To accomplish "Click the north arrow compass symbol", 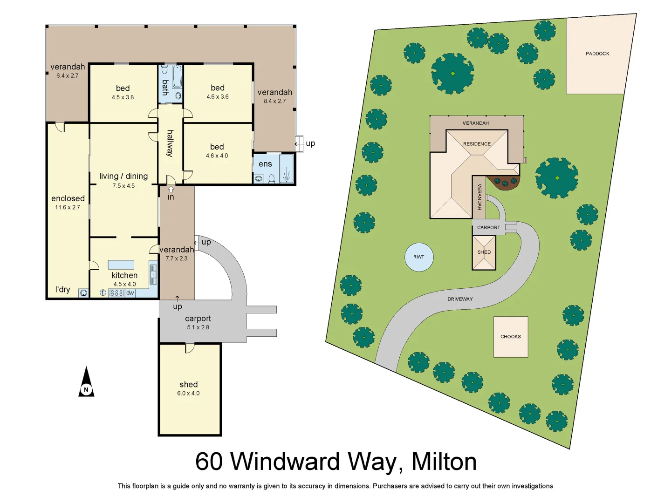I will click(x=86, y=383).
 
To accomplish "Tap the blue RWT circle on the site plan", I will click(x=419, y=257).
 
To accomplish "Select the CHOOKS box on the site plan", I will click(x=511, y=337).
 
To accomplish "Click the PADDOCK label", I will click(x=597, y=54).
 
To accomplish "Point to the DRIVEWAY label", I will click(x=460, y=299).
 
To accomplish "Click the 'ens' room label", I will click(x=265, y=164).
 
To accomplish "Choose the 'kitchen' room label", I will click(x=124, y=275).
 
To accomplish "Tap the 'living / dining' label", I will click(x=123, y=176).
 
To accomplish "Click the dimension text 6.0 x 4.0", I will click(x=188, y=394).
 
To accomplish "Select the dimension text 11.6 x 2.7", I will click(x=68, y=207).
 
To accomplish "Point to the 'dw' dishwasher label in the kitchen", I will click(x=130, y=293).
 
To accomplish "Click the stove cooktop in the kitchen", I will click(x=116, y=293).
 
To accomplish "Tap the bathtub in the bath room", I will click(x=177, y=77).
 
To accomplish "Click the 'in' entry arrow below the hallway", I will click(x=171, y=190).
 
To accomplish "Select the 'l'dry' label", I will click(x=62, y=289).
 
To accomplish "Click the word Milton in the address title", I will click(x=444, y=462).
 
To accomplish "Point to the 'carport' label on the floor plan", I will click(x=198, y=319).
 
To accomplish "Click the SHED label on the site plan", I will click(x=484, y=252).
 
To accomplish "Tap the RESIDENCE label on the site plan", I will click(x=477, y=144).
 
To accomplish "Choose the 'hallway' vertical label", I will click(x=170, y=143).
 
